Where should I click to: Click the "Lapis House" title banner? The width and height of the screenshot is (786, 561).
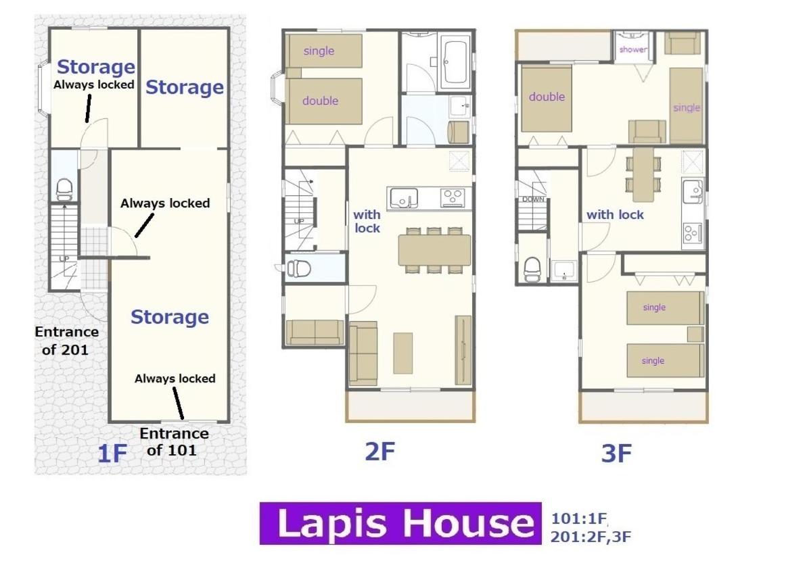click(x=400, y=523)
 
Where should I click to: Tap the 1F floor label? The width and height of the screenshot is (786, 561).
click(x=112, y=454)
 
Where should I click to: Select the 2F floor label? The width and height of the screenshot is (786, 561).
click(x=380, y=451)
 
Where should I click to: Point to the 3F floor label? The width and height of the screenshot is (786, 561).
click(x=616, y=454)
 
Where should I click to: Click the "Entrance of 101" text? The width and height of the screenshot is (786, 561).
click(x=173, y=442)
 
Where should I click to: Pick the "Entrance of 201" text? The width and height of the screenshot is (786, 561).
click(x=66, y=341)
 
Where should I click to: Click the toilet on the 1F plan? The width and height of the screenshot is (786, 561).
click(x=64, y=189)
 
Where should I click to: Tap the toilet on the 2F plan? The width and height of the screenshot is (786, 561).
click(x=299, y=268)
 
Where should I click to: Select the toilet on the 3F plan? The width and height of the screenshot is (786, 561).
click(x=532, y=270)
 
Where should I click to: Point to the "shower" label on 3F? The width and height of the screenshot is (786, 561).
click(x=632, y=49)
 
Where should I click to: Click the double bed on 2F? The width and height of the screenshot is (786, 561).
click(x=324, y=101)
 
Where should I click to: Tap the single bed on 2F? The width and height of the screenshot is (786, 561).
click(x=324, y=51)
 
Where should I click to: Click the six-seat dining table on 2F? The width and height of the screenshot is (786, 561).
click(x=435, y=250)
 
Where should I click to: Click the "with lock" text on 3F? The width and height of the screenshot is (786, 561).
click(x=615, y=215)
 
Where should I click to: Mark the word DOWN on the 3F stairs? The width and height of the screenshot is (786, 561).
click(x=532, y=199)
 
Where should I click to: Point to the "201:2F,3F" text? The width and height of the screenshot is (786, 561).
click(x=591, y=537)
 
